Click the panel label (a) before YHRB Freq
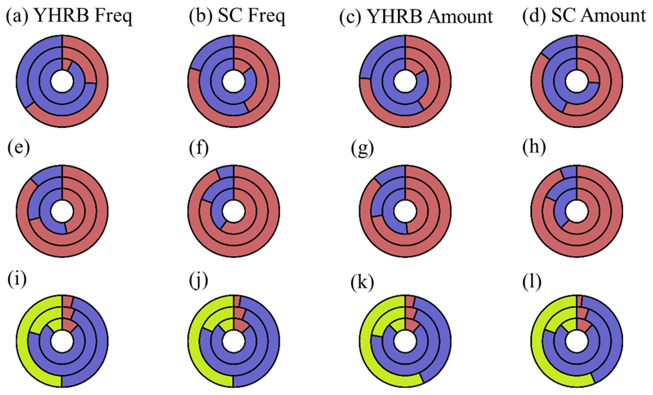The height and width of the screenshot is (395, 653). (x=17, y=16)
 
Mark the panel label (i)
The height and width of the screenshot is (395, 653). (x=17, y=279)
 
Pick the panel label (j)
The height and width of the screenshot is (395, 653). (x=198, y=279)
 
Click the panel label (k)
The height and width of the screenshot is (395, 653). (x=362, y=279)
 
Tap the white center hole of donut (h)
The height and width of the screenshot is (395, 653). (x=577, y=211)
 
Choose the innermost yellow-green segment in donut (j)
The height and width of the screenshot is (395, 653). (x=228, y=325)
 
